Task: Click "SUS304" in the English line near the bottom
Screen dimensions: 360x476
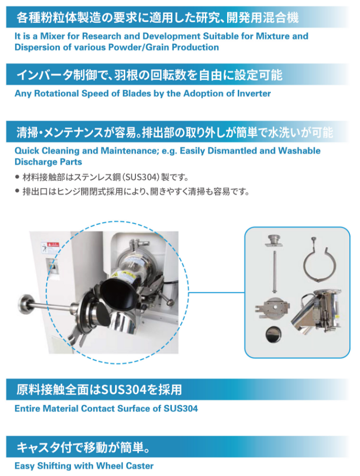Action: coord(181,409)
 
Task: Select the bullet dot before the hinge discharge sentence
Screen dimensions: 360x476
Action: coord(17,191)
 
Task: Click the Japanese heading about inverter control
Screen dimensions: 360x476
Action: coord(150,75)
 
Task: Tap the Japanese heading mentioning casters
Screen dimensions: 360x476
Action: coord(84,448)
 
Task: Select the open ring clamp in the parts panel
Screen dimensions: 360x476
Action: coord(320,262)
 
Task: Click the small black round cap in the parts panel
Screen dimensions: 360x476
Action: coord(273,334)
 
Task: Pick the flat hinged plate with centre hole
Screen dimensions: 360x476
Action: coord(272,308)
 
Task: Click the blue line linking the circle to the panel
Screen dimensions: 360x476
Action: coord(217,292)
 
